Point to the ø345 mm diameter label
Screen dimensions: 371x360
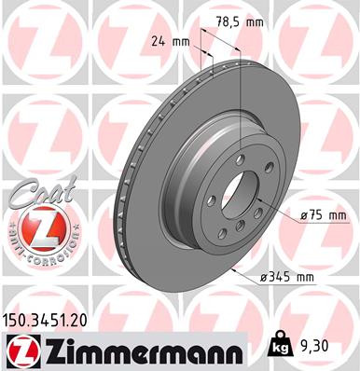point(286,277)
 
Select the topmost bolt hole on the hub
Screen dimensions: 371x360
point(239,160)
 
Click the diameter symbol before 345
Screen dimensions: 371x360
point(265,277)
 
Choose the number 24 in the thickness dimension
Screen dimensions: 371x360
point(158,41)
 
